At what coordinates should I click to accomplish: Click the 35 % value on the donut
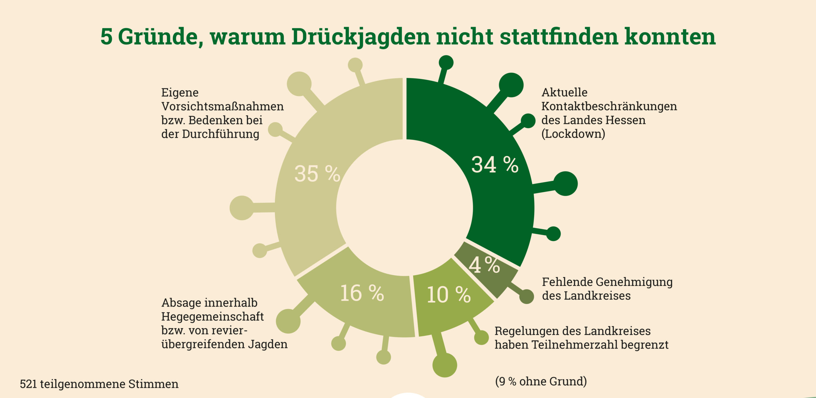click(317, 174)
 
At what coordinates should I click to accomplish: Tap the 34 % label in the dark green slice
click(495, 165)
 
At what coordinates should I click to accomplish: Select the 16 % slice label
click(362, 293)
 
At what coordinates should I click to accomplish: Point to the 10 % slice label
click(448, 295)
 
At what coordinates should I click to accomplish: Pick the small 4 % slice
click(484, 265)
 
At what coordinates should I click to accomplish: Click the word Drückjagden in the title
click(361, 37)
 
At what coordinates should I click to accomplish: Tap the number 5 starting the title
click(106, 37)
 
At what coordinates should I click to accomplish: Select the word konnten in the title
click(670, 37)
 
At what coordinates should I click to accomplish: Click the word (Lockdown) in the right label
click(573, 134)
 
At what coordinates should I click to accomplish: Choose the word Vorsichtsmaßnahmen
click(222, 106)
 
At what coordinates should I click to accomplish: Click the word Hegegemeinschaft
click(213, 316)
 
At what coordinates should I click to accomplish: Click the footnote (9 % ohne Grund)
click(541, 381)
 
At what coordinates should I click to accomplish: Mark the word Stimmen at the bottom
click(153, 384)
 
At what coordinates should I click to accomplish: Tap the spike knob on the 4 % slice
click(527, 297)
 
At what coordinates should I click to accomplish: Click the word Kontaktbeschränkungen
click(609, 106)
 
